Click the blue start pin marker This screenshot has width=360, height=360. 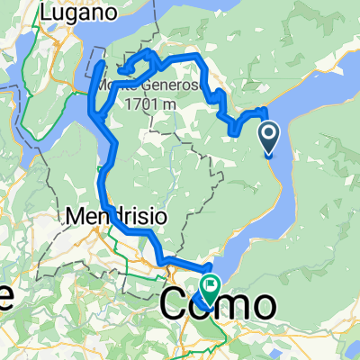269,140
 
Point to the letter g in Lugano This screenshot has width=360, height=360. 76,15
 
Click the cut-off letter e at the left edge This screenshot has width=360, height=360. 4,302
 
